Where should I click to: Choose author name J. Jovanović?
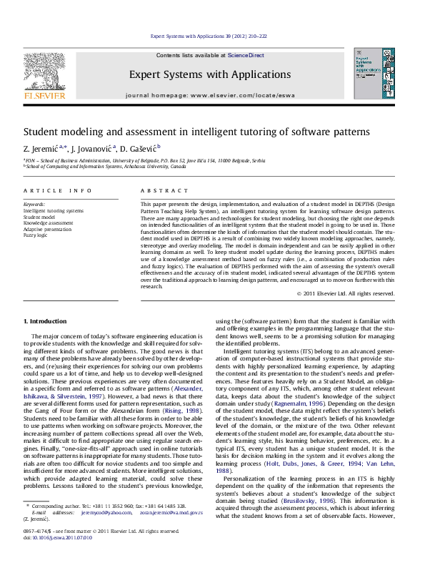[91, 148]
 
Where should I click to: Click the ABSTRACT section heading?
[157, 191]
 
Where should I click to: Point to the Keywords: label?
[34, 205]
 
